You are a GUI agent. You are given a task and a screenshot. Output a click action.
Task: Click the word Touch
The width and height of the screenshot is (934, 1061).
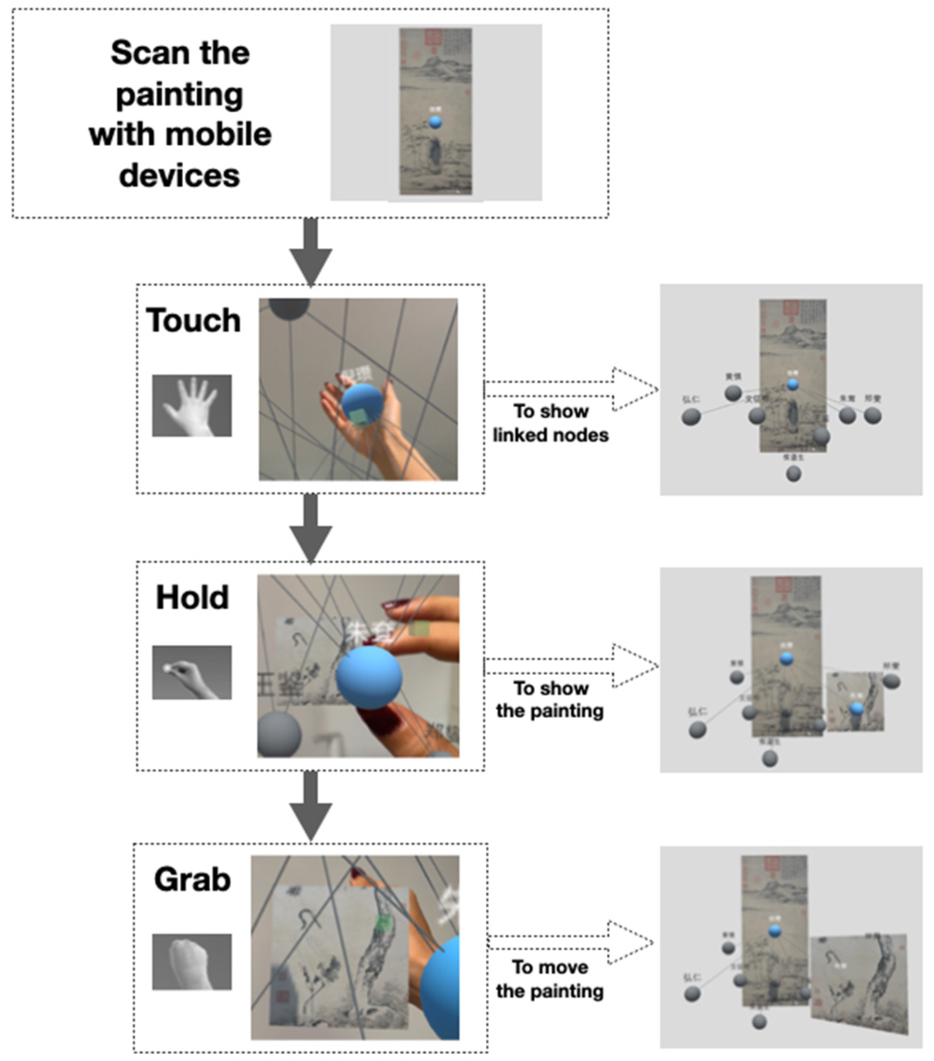(193, 320)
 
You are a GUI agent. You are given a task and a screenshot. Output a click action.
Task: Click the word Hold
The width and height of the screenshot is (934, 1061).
(192, 597)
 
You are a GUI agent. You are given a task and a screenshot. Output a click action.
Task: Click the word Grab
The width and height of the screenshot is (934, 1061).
(192, 879)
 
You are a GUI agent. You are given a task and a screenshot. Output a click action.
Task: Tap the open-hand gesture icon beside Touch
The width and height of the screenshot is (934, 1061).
(192, 406)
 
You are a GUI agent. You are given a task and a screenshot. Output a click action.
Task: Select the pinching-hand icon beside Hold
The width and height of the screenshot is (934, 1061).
(192, 672)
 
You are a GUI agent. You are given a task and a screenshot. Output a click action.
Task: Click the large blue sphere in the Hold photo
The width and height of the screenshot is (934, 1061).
(369, 676)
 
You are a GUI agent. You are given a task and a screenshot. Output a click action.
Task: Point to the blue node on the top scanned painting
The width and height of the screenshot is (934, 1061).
(435, 122)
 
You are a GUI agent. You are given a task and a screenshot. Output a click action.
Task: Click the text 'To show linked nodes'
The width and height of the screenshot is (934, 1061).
(550, 422)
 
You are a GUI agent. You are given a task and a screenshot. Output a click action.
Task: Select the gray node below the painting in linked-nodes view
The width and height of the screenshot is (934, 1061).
(793, 473)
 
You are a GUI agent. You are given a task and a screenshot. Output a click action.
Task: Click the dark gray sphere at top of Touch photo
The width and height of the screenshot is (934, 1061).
(289, 308)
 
